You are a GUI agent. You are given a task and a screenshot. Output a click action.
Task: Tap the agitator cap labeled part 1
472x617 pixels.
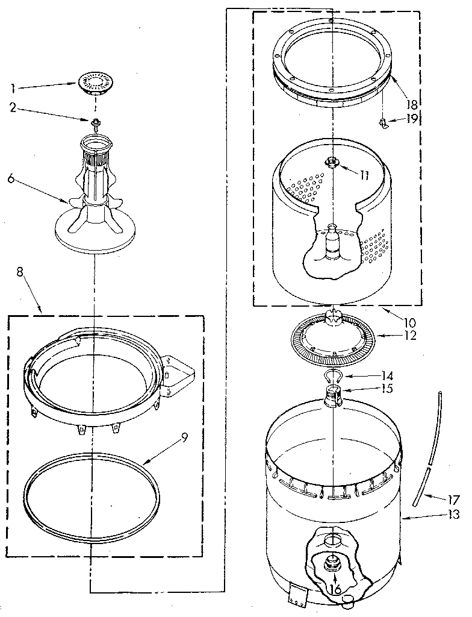(95, 83)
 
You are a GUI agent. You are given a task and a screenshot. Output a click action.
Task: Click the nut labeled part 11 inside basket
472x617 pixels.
(331, 162)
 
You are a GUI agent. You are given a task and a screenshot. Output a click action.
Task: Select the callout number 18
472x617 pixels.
(412, 104)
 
